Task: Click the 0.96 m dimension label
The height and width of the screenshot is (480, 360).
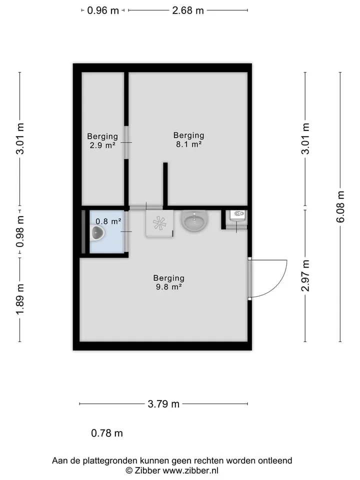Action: (x=103, y=10)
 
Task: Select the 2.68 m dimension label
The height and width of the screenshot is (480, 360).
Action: (x=188, y=10)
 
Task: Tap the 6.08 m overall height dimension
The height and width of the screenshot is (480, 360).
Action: (x=340, y=206)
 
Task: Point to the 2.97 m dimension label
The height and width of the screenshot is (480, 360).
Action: (x=305, y=275)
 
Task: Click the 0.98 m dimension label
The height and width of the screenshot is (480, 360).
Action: (x=20, y=231)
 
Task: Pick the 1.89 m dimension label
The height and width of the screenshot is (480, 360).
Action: (x=20, y=299)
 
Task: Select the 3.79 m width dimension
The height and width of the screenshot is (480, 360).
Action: (x=163, y=404)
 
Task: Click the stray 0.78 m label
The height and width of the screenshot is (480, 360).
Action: (x=107, y=433)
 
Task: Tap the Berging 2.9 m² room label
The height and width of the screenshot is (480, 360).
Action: (x=102, y=141)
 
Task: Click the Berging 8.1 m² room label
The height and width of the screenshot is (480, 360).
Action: (x=188, y=139)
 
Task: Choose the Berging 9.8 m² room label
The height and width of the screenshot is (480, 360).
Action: (x=169, y=282)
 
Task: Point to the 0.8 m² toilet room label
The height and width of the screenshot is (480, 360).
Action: (x=108, y=221)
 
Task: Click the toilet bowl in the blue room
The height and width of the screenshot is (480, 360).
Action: (x=97, y=233)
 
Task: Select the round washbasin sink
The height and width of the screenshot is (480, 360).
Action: (x=194, y=220)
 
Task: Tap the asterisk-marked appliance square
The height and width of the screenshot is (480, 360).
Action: (x=159, y=223)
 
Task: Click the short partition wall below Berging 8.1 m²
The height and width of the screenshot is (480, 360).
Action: (x=165, y=184)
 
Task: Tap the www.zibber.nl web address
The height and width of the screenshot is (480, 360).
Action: (x=190, y=470)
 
